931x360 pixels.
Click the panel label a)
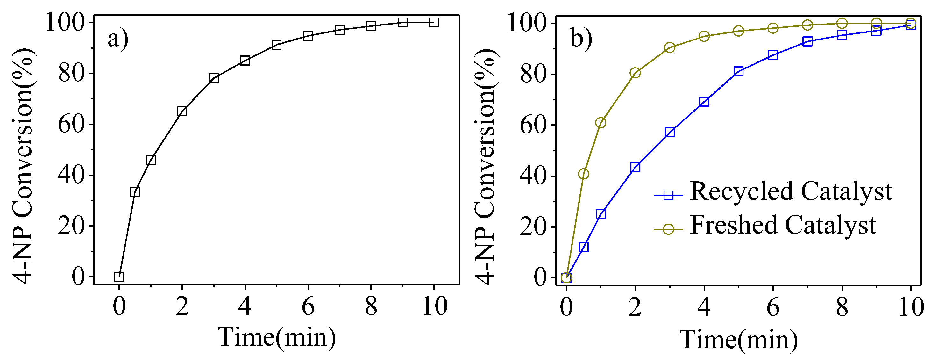click(x=118, y=39)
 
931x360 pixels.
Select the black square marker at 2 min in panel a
click(x=182, y=111)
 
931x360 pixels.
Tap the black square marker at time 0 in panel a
click(x=119, y=277)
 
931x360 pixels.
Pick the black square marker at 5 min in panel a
click(x=276, y=45)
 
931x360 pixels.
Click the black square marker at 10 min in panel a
click(x=434, y=22)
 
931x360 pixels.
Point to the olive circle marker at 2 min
click(x=635, y=73)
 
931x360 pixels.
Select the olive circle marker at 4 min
click(x=704, y=36)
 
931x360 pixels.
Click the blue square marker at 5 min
click(x=738, y=71)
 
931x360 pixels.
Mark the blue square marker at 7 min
click(x=807, y=41)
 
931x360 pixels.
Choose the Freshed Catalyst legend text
click(x=783, y=225)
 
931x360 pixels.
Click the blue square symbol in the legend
click(x=669, y=196)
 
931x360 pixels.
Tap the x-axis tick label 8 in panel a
click(x=371, y=306)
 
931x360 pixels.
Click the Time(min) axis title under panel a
click(x=276, y=338)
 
